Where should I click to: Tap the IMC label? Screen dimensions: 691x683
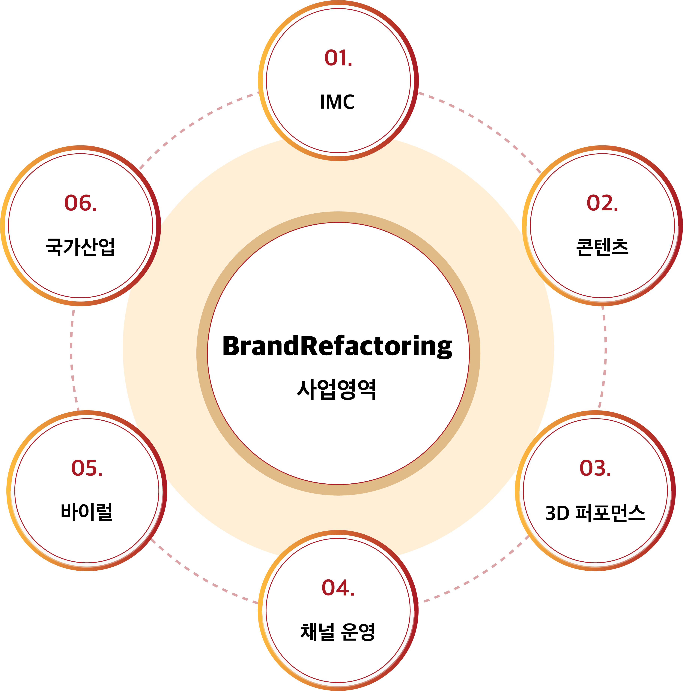(337, 102)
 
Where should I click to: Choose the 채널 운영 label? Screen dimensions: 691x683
(338, 632)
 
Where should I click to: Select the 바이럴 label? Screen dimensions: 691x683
(87, 512)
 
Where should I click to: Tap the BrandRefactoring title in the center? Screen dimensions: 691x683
(337, 346)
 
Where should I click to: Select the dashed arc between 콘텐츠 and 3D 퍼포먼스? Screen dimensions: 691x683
(605, 358)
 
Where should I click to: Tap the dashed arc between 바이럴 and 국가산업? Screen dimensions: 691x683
(71, 358)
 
